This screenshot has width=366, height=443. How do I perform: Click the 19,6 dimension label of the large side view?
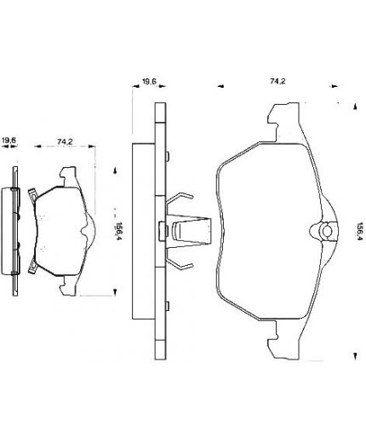[149, 82]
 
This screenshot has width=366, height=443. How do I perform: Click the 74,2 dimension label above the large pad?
[277, 82]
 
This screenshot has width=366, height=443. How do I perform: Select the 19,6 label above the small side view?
[9, 140]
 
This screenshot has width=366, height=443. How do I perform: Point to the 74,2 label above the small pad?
[65, 141]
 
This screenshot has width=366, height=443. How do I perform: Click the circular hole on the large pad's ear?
[328, 231]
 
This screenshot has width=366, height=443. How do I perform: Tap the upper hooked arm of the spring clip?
[180, 198]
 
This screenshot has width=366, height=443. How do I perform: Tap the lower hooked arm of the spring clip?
[180, 261]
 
